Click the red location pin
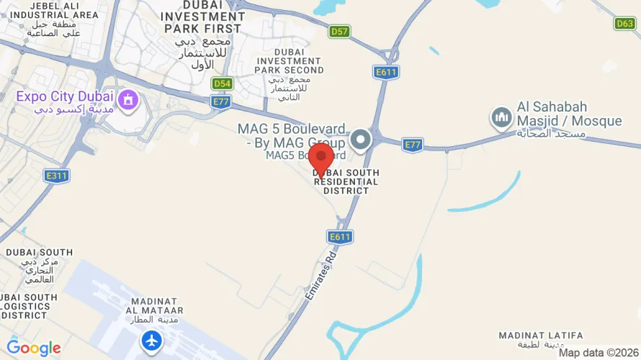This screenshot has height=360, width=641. click(320, 156)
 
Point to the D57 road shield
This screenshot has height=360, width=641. click(339, 32)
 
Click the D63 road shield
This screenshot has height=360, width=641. click(624, 24)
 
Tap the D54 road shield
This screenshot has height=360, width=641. click(223, 84)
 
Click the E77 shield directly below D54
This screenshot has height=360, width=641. click(221, 103)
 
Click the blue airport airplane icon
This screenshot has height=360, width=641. click(152, 340)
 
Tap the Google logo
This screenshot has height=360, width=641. click(33, 348)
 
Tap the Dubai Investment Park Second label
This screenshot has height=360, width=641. click(289, 61)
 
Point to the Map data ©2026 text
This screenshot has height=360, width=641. click(599, 353)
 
